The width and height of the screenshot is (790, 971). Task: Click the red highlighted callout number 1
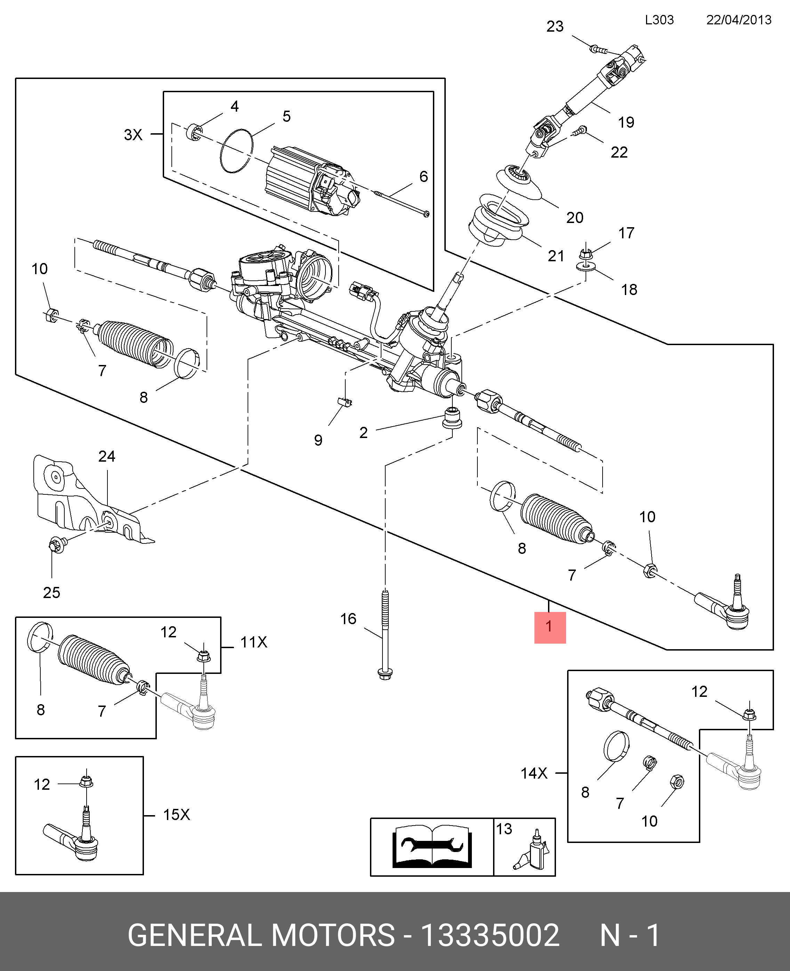coord(549,627)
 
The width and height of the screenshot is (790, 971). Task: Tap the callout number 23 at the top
coord(555,26)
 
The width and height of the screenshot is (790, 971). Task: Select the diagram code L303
coord(659,20)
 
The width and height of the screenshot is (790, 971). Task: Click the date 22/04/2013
coord(739,20)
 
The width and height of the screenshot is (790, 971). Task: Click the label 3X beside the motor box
coord(133,135)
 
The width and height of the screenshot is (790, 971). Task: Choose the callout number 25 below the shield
coord(51,593)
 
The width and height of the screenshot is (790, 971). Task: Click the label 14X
coord(534,773)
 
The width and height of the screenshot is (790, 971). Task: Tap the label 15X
coord(176,814)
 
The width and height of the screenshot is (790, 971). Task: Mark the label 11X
coord(253,642)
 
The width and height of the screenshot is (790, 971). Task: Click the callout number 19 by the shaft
coord(626,122)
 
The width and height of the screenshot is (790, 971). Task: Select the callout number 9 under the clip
coord(318,440)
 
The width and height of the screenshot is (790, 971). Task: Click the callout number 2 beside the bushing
coord(363,432)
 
